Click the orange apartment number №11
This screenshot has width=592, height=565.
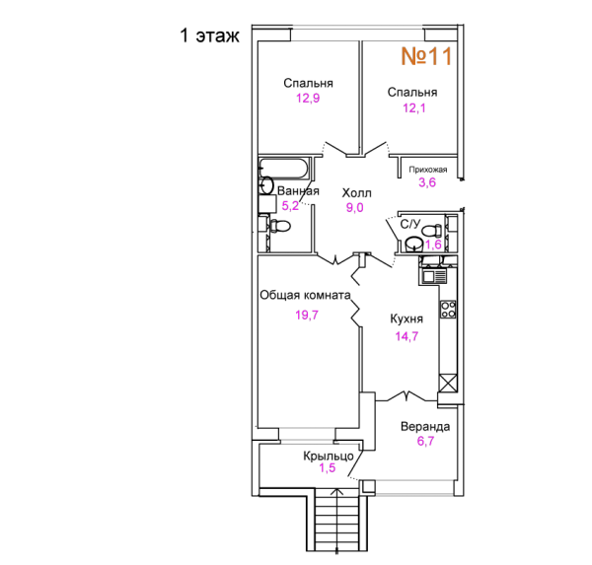(x=426, y=56)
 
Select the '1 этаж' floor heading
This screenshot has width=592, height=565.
(x=209, y=35)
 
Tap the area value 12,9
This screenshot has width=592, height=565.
(x=308, y=99)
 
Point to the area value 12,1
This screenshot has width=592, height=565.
(x=413, y=108)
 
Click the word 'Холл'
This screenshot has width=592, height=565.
(x=356, y=193)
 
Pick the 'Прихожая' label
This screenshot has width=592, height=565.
(x=428, y=170)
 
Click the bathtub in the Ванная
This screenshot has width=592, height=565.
(x=284, y=169)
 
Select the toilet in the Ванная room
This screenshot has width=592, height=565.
(x=279, y=226)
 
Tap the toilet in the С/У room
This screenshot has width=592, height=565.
(x=431, y=230)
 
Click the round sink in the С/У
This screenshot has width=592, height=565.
(x=414, y=244)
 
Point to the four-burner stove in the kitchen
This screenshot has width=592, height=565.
(x=448, y=310)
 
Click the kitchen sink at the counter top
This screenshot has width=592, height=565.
(x=433, y=276)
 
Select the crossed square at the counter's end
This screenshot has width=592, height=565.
(x=448, y=384)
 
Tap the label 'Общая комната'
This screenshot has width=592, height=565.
(x=305, y=295)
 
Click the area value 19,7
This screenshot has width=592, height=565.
(x=307, y=315)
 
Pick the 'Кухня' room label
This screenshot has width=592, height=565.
(x=407, y=318)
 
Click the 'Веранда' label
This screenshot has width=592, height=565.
(x=425, y=427)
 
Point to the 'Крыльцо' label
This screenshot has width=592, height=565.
(x=329, y=456)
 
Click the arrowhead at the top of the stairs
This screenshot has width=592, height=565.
(x=337, y=491)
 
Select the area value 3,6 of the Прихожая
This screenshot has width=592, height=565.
(x=427, y=182)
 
